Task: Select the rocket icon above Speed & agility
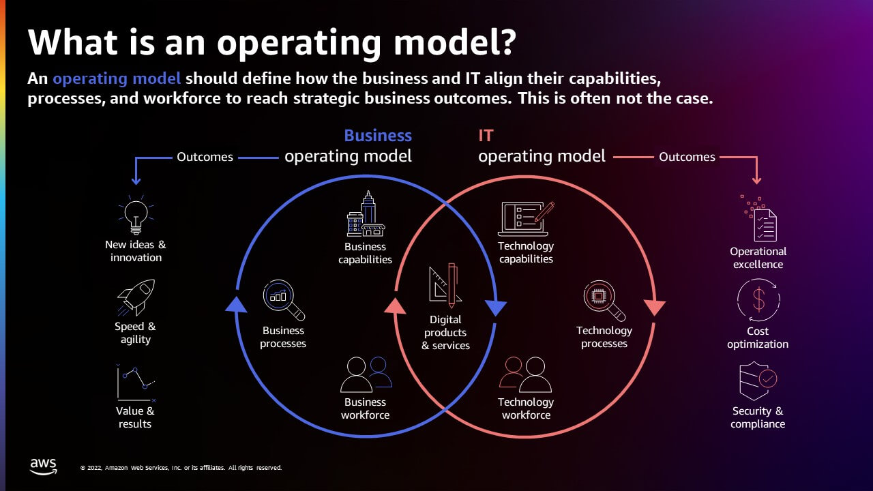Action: (136, 297)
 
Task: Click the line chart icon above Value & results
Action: (136, 383)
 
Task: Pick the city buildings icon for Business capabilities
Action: (366, 213)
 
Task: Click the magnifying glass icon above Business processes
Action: (284, 300)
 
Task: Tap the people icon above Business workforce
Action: (366, 374)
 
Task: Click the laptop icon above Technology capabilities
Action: (526, 219)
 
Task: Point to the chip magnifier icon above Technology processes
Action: (604, 301)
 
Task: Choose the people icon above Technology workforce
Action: (525, 374)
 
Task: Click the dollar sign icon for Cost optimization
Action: (758, 300)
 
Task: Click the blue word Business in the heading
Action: (378, 136)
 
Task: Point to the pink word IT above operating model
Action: (486, 136)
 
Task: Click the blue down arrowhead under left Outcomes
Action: (136, 181)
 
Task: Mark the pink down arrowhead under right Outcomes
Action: (756, 181)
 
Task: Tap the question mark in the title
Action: (506, 42)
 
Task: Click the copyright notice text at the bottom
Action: (181, 468)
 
